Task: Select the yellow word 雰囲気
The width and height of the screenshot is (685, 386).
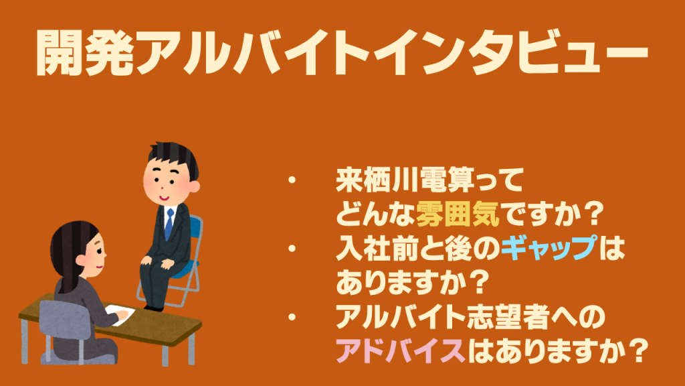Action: tap(458, 214)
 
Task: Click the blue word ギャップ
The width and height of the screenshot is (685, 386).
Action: tap(549, 248)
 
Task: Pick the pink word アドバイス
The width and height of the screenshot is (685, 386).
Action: tap(401, 351)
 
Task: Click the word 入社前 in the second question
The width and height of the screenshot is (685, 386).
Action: tap(377, 248)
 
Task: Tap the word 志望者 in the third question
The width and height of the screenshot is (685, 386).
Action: tap(507, 317)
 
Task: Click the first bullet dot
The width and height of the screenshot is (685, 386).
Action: tap(292, 180)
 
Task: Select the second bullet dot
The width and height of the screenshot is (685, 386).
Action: tap(292, 248)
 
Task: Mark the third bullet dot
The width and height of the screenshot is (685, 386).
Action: tap(292, 317)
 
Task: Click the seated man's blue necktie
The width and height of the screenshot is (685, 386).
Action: tap(169, 223)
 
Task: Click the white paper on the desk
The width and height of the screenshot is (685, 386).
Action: tap(120, 314)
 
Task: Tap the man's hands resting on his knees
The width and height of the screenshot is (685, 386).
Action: tap(158, 263)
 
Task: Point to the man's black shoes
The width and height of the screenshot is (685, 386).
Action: tap(154, 308)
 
